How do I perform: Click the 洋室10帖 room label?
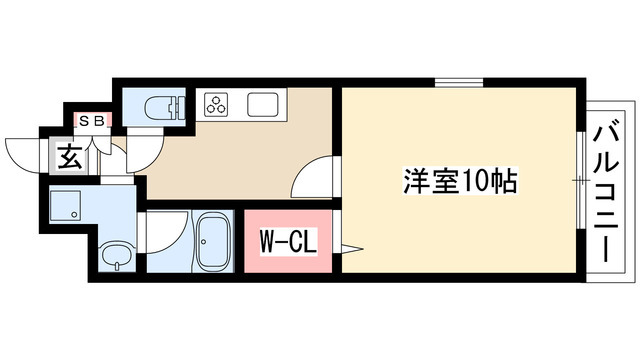tap(460, 181)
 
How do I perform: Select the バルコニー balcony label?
tap(606, 193)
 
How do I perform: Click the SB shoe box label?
tap(92, 120)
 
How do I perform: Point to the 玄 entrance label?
tap(69, 156)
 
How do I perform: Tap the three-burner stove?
tap(217, 104)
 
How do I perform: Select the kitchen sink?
tap(262, 104)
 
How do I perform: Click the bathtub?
tap(212, 241)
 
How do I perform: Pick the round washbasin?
tap(117, 256)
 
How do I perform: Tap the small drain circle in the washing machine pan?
tap(74, 214)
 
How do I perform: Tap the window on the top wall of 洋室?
tap(459, 83)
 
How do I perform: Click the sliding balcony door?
tap(581, 180)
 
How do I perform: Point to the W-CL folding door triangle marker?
tap(352, 249)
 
